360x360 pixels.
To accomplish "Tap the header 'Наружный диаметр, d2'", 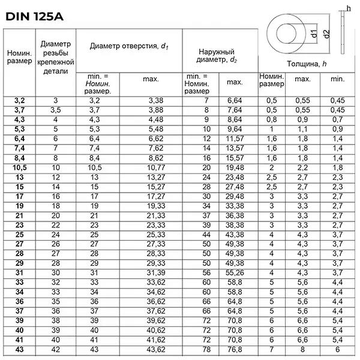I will tap(217, 56).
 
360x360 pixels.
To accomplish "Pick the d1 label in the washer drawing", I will tap(313, 35).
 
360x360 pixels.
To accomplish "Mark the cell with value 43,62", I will tap(155, 349).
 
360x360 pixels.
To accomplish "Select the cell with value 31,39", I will tap(155, 272).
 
